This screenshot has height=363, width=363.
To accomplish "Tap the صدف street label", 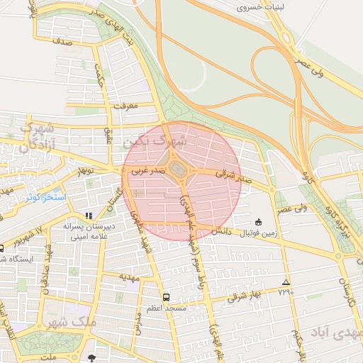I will click(63, 43).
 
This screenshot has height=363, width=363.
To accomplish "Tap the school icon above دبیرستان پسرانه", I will click(89, 216).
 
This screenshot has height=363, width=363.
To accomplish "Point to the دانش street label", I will click(219, 231).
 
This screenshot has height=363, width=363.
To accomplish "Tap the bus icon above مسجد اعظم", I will click(167, 297).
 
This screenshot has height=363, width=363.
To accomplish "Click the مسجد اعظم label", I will click(167, 308).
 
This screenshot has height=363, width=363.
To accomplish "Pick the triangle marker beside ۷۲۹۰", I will click(286, 281).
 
